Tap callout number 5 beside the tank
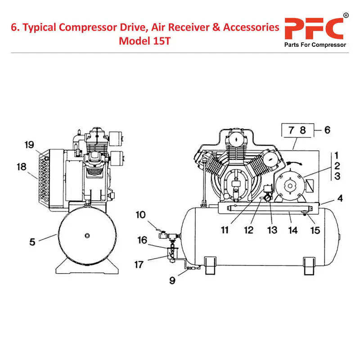(32, 242)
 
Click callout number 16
(142, 240)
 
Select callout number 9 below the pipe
(172, 280)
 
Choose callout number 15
(315, 230)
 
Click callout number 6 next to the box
(327, 130)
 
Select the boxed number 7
(291, 130)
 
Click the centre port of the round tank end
(87, 235)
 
